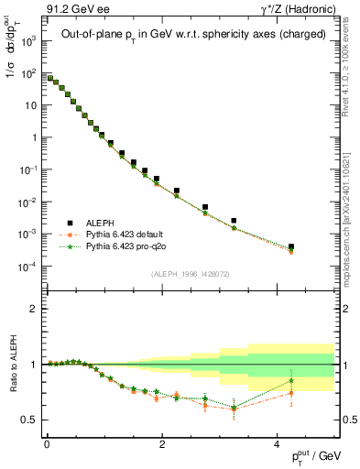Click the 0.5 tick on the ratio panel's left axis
(x=31, y=420)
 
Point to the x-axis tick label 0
(x=47, y=444)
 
